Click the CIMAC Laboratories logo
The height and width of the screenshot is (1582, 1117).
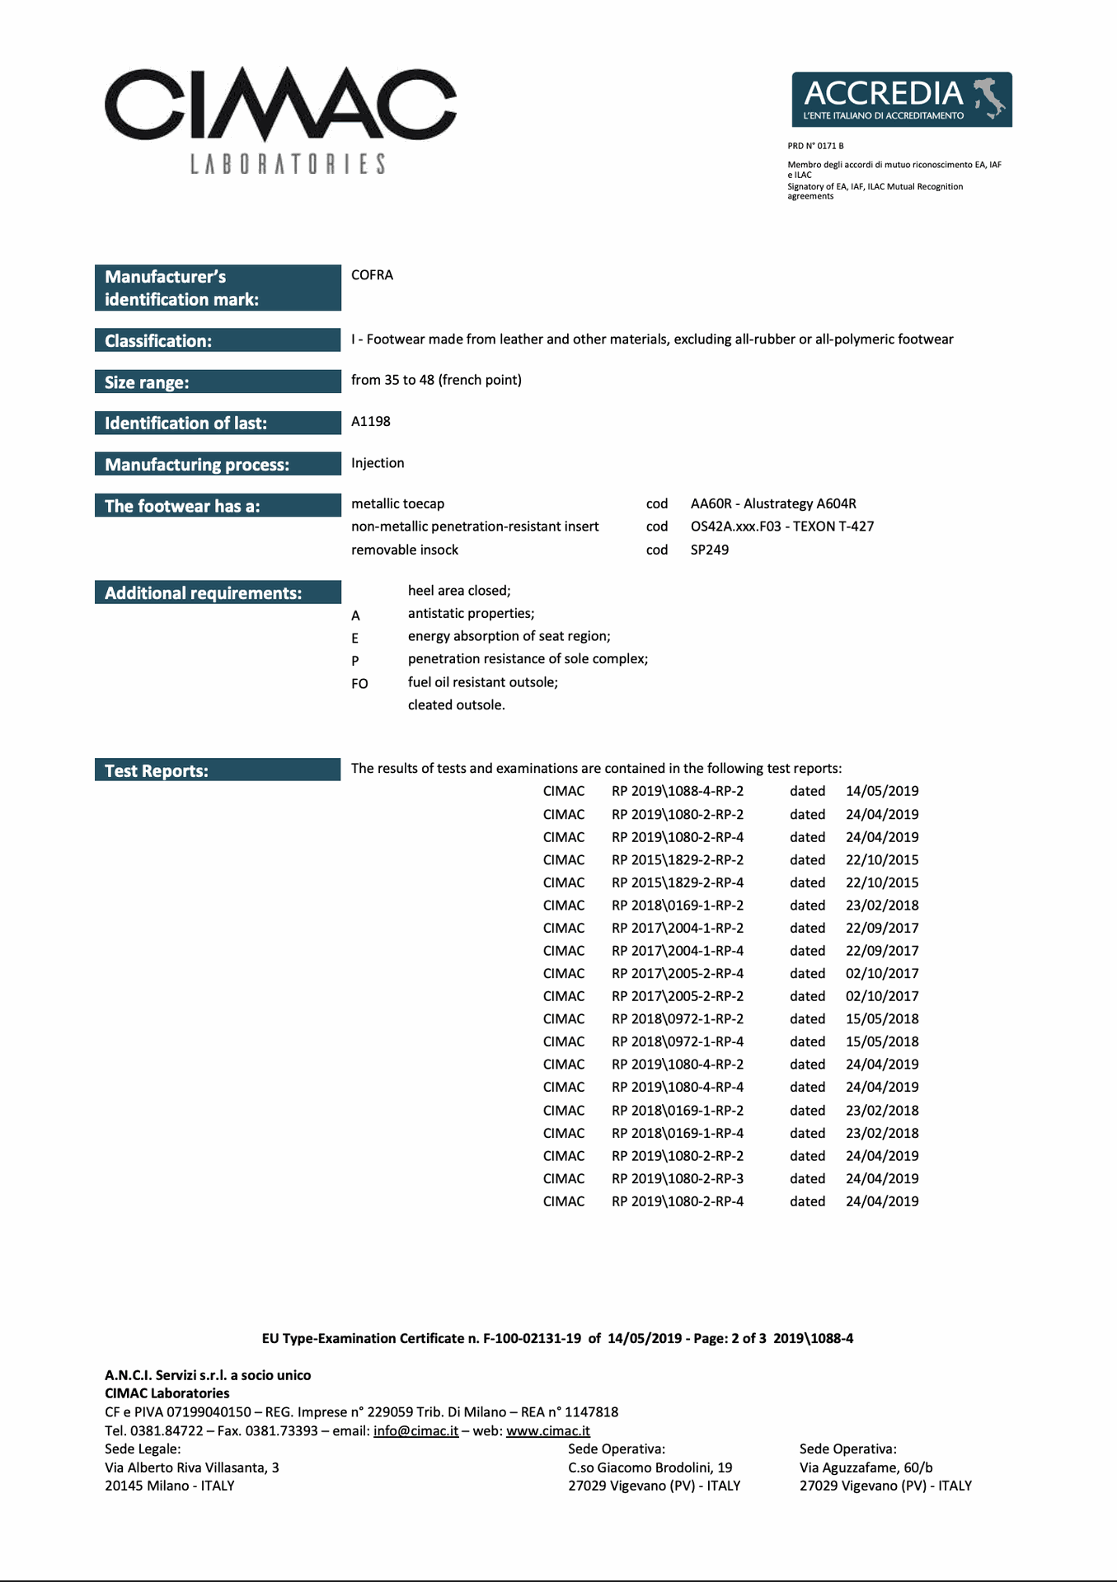tap(280, 119)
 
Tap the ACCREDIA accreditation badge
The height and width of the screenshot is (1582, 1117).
tap(902, 100)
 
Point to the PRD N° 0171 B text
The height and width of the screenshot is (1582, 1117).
tap(815, 146)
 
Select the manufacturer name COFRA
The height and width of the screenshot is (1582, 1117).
tap(372, 275)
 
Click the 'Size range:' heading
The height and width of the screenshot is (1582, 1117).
tap(218, 382)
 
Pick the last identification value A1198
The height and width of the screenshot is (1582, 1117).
tap(371, 422)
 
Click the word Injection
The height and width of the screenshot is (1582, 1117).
tap(378, 463)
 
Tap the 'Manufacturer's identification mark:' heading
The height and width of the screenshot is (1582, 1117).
tap(218, 288)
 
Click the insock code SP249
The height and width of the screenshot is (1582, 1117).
tap(710, 550)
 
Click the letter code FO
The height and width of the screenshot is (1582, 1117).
tap(359, 684)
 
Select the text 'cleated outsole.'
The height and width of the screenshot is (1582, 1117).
tap(457, 705)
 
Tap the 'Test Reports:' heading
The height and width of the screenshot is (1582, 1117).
tap(218, 770)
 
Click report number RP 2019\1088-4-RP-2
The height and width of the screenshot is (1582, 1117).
tap(678, 791)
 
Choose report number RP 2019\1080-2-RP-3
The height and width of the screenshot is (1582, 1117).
tap(678, 1179)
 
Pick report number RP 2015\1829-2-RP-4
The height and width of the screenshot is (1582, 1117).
tap(678, 882)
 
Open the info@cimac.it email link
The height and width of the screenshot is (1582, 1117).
tap(415, 1431)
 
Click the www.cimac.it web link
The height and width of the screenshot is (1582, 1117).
tap(548, 1431)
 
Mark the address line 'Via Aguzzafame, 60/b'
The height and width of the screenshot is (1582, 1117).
tap(866, 1467)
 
